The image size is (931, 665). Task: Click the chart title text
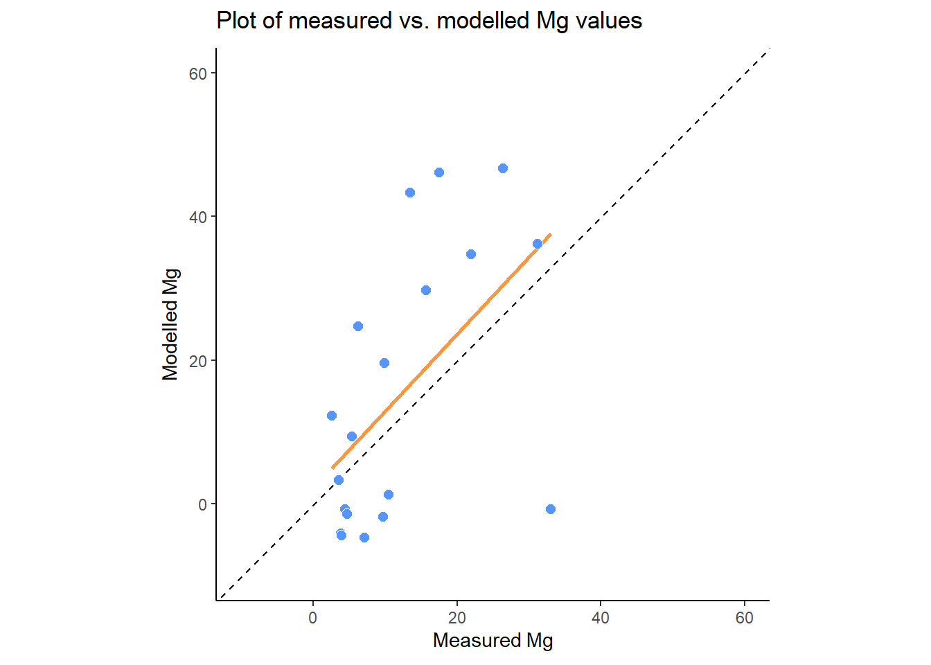pos(429,21)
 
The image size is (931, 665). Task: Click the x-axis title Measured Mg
pos(493,640)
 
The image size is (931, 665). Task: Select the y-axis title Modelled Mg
pos(170,324)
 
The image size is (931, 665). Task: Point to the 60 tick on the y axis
pos(198,73)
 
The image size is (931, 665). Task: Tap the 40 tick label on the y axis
pos(198,218)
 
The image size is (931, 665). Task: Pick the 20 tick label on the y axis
pos(198,361)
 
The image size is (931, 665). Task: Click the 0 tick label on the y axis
pos(202,505)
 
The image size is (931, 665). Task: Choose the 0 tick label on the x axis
pos(313,618)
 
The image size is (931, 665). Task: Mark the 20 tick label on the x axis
pos(457,618)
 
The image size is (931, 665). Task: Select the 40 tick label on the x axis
pos(601,618)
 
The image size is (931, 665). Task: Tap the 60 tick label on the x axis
pos(745,618)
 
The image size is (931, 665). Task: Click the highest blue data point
pos(503,168)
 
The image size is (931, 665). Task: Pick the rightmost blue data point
pos(551,509)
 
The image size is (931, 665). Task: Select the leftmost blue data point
pos(332,416)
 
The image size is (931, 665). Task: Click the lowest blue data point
pos(364,538)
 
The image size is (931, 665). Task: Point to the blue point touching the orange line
pos(538,244)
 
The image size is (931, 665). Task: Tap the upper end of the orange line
pos(550,234)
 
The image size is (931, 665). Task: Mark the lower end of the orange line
pos(333,468)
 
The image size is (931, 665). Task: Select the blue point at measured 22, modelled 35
pos(471,254)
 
